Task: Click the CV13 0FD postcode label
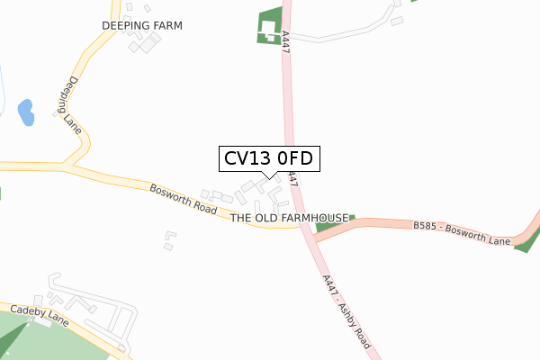click(267, 158)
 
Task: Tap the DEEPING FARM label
click(141, 26)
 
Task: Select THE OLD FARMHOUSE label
click(289, 218)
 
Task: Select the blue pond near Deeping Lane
click(25, 112)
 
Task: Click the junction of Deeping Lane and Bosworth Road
click(69, 166)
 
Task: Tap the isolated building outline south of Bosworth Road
click(168, 240)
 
